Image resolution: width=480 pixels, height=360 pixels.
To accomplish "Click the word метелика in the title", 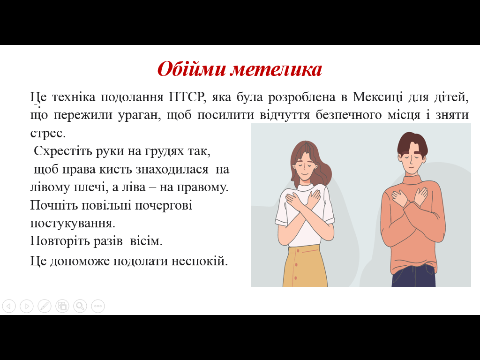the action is [x=276, y=69].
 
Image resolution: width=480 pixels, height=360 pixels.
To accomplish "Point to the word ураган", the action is [x=140, y=115].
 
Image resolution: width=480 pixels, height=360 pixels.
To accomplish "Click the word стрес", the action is [x=48, y=133].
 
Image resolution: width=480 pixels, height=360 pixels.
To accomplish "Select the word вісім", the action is [x=146, y=241].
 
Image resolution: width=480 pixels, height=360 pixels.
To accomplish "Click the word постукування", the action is [x=73, y=223].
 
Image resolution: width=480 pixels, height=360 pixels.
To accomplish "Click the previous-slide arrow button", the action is [x=9, y=306].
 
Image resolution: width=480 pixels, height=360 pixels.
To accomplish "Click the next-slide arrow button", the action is [x=27, y=306].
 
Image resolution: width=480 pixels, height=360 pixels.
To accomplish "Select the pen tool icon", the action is [x=45, y=306].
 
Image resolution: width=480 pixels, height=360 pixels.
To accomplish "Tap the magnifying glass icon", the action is [x=80, y=306].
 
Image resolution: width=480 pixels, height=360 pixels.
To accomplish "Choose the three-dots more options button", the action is [x=98, y=306].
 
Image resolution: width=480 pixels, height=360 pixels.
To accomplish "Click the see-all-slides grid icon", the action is [x=62, y=306].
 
